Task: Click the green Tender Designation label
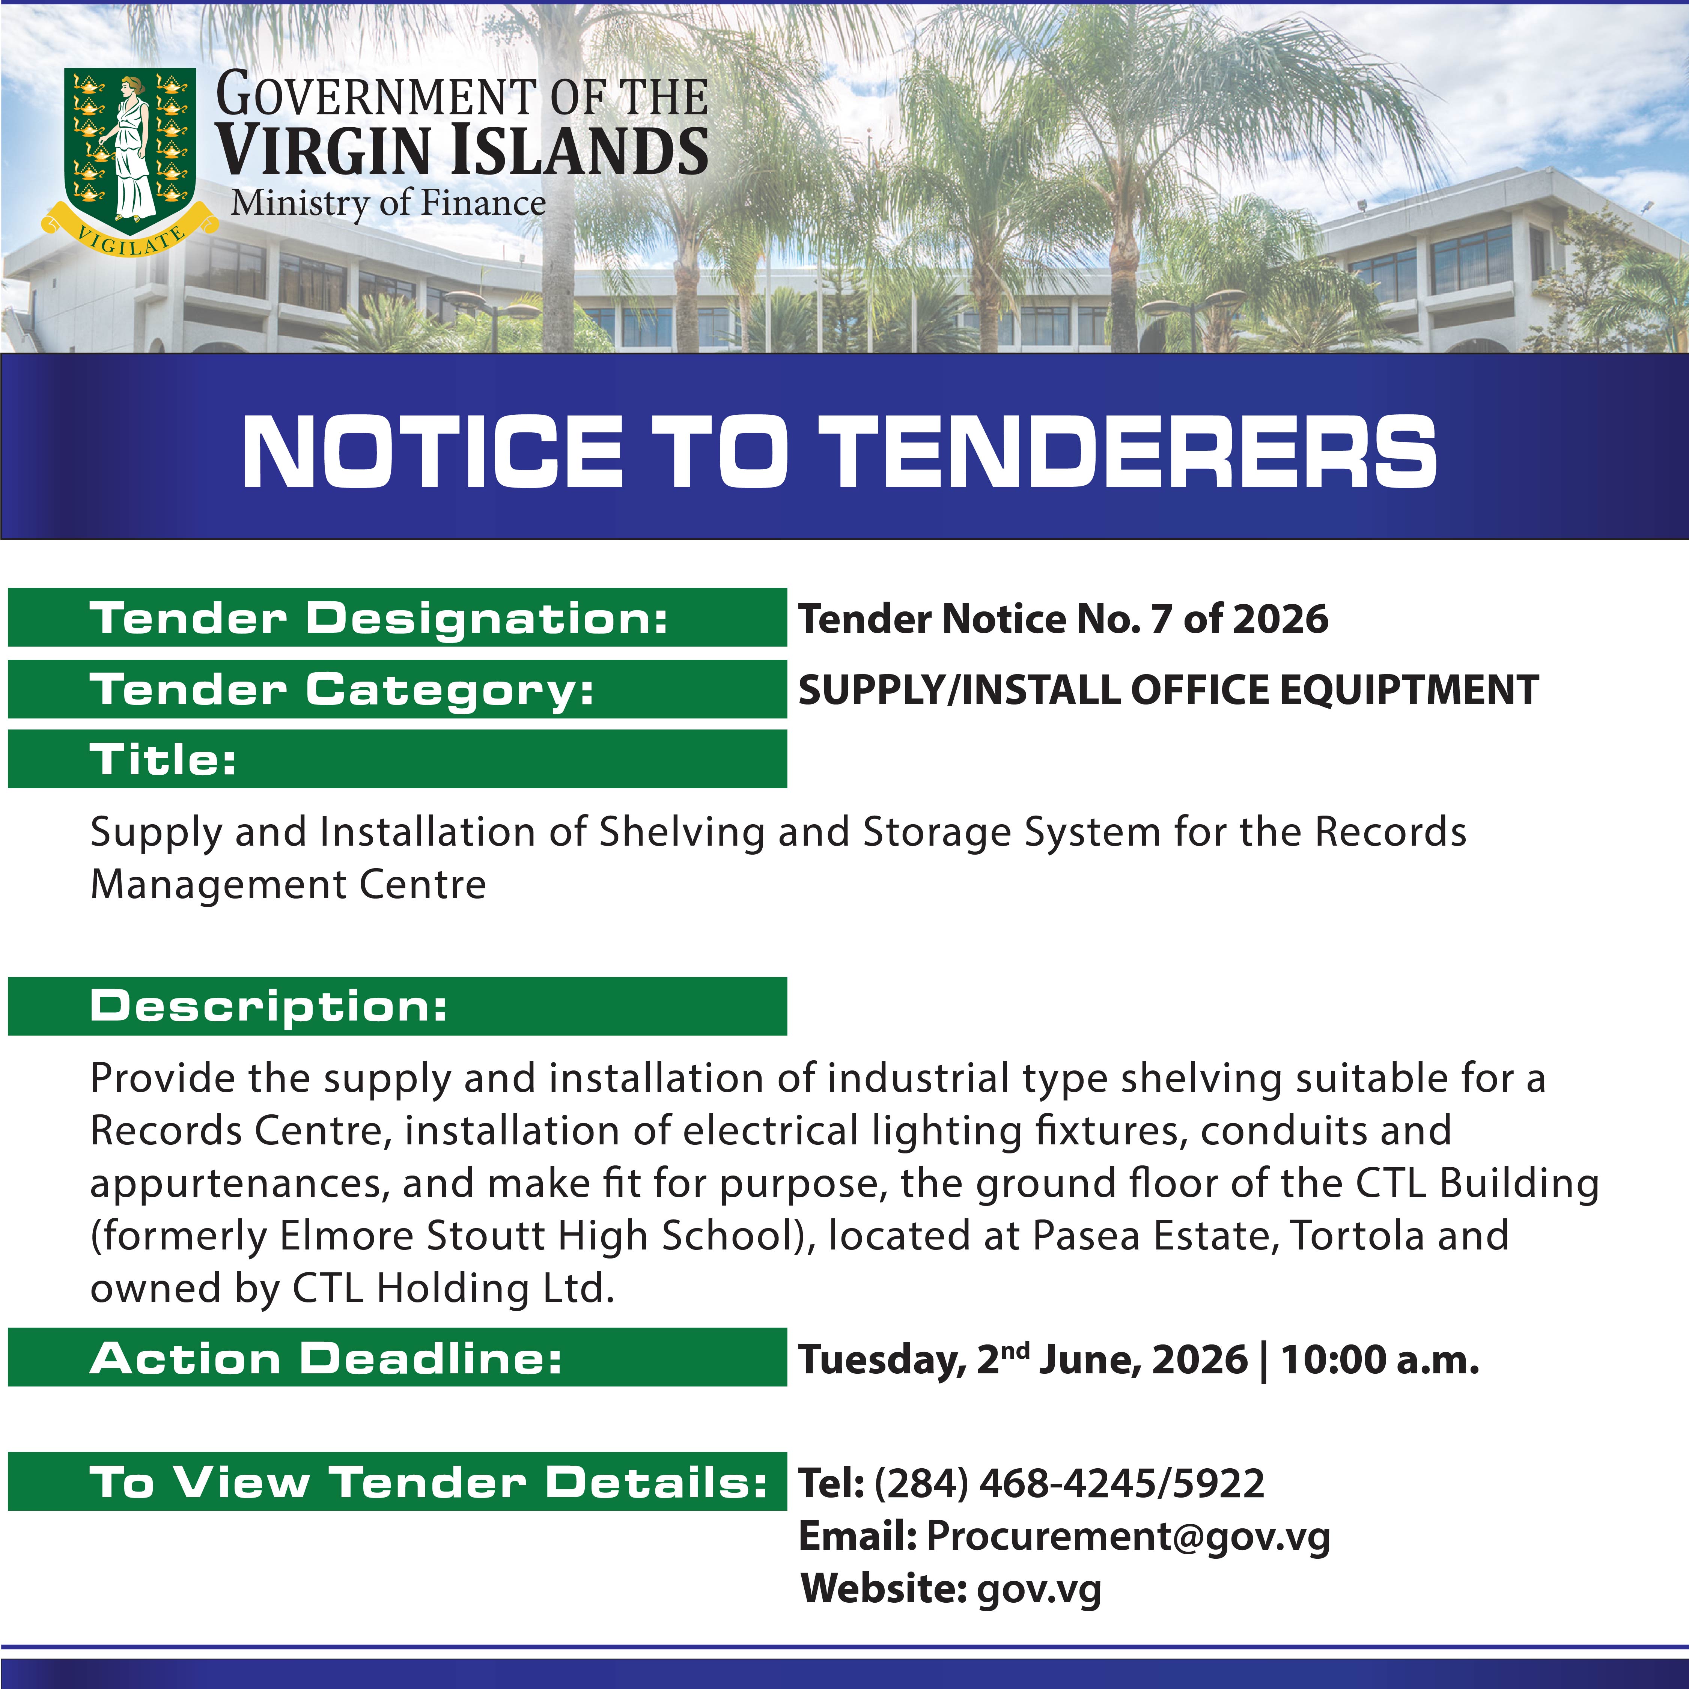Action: pos(397,617)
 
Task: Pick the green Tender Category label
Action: pos(397,689)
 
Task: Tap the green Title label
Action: pos(397,759)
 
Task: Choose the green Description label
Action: pos(397,1006)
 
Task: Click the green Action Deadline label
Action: pos(397,1357)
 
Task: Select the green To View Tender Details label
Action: pos(397,1481)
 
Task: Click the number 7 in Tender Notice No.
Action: pos(1160,619)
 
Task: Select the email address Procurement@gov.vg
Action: pos(1128,1536)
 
